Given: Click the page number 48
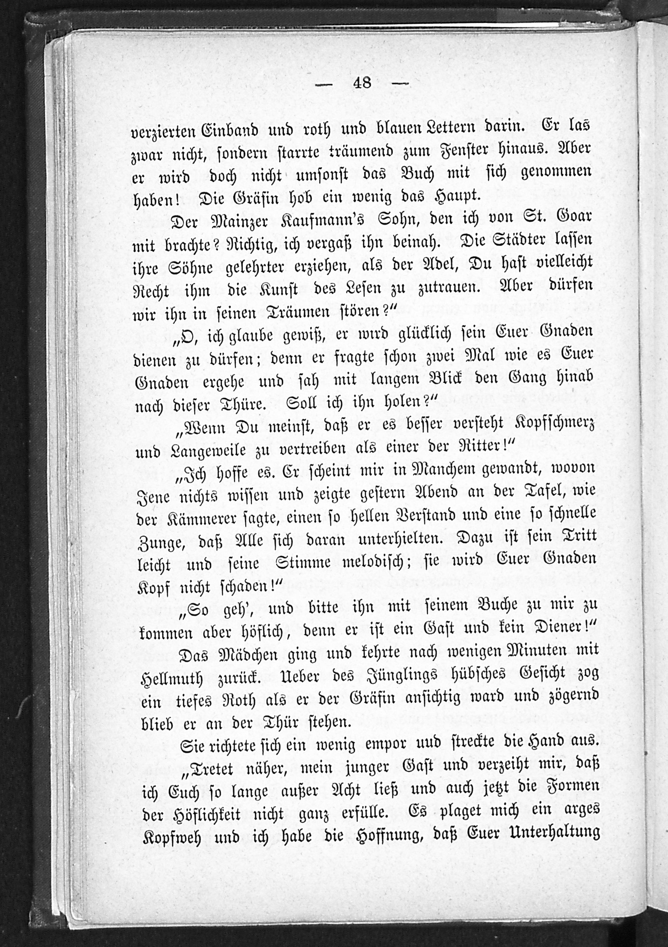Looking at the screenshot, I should point(362,84).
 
